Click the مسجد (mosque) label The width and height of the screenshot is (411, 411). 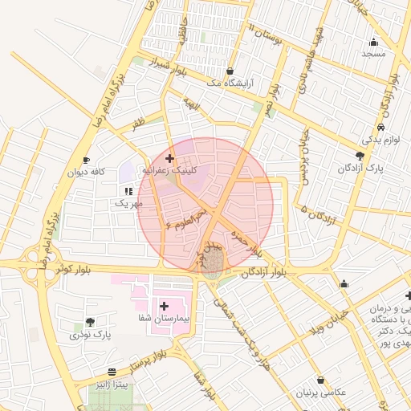(373, 54)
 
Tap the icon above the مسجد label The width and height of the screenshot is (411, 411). (373, 42)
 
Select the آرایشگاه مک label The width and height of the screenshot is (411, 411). (230, 83)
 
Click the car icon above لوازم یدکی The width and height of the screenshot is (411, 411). (380, 128)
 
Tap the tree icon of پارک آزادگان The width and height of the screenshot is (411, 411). (360, 156)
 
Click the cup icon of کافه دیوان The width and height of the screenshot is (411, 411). (87, 160)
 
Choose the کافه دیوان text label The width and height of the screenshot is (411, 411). (87, 172)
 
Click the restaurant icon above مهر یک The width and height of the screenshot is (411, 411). (128, 191)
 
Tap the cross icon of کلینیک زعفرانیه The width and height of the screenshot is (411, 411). (169, 158)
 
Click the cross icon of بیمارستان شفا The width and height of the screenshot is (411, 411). (165, 306)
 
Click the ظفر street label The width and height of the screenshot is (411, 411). (140, 125)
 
